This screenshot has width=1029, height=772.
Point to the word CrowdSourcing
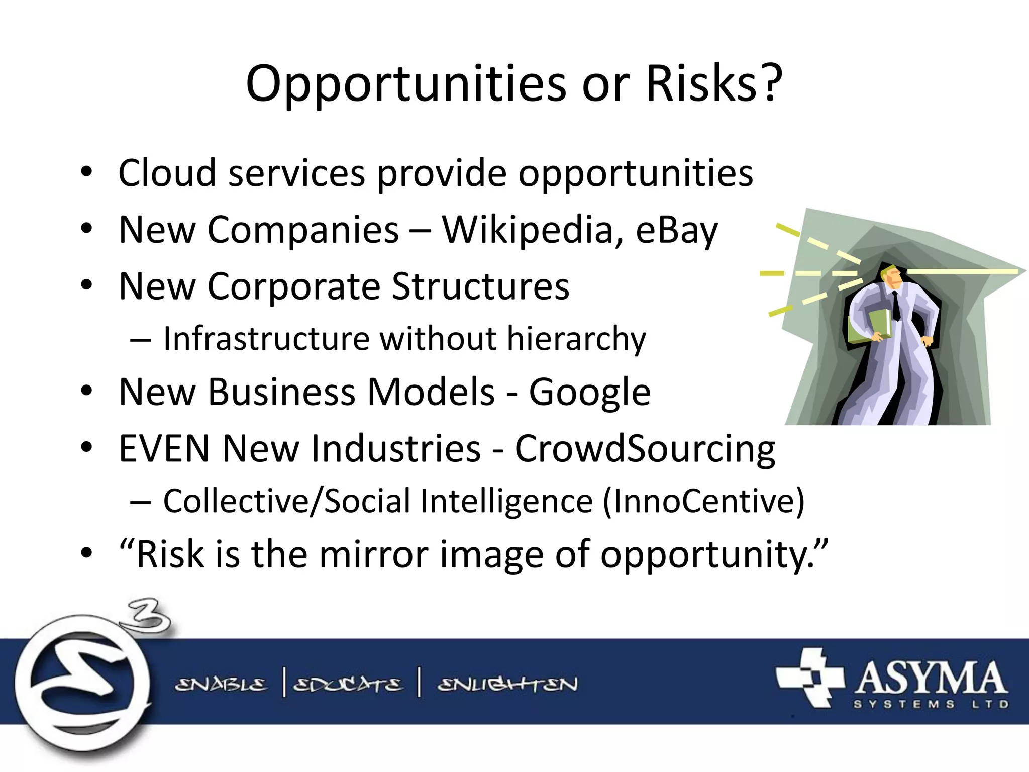click(645, 449)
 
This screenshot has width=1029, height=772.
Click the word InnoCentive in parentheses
click(703, 501)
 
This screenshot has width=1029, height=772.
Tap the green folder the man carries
click(868, 327)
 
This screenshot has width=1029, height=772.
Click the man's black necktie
click(896, 306)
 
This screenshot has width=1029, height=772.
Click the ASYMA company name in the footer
click(931, 678)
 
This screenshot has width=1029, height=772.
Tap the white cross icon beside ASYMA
click(809, 677)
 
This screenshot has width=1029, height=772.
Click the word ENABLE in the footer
click(221, 684)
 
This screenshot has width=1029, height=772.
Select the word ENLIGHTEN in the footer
click(507, 684)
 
